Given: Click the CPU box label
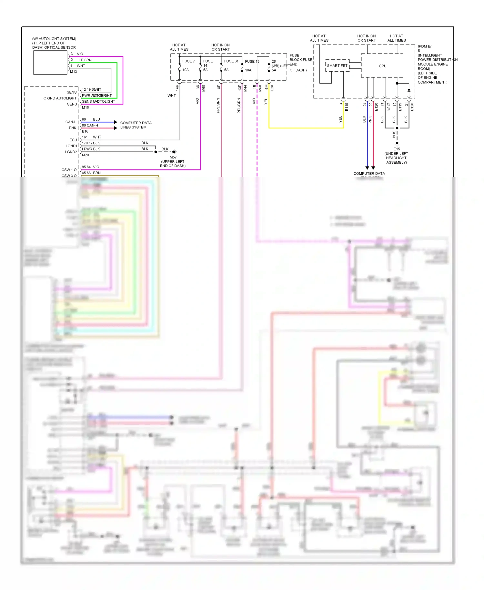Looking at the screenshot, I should click(382, 66).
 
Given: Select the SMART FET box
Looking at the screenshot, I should click(337, 66).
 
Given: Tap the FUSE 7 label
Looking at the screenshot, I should click(188, 61).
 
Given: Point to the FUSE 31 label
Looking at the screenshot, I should click(231, 61).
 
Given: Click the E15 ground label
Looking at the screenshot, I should click(397, 149).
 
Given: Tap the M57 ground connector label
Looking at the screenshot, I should click(173, 158).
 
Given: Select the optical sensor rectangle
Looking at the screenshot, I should click(50, 63).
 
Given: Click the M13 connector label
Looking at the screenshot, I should click(74, 72).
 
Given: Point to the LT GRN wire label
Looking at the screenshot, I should click(85, 60).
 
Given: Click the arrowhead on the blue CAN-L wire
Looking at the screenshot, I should click(116, 122).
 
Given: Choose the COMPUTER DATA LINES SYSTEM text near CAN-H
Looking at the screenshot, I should click(136, 125).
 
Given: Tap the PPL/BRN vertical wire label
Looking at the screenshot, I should click(218, 106).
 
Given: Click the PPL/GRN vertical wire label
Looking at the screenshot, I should click(239, 106).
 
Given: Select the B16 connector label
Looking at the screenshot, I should click(85, 131).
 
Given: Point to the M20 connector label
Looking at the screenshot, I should click(86, 155).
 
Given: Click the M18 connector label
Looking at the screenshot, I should click(86, 107).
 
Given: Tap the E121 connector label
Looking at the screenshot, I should click(388, 107).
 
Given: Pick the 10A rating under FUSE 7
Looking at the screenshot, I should click(186, 70).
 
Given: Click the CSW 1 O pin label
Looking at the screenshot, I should click(69, 170).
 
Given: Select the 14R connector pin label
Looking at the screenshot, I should click(177, 87).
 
